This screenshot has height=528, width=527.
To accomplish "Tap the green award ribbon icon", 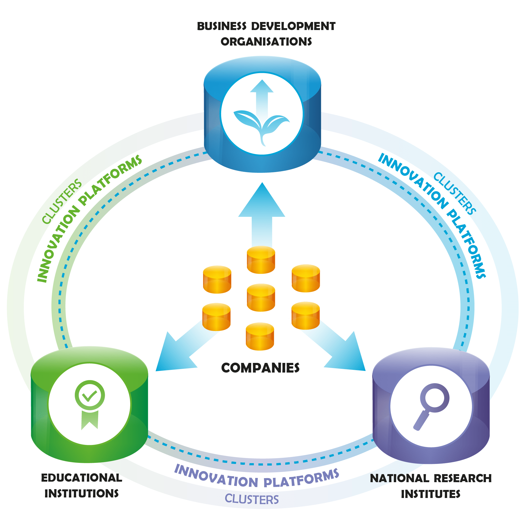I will pos(90,404).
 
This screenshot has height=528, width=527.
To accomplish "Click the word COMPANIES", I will pos(260,368).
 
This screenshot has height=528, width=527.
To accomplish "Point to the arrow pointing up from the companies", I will pos(262,210).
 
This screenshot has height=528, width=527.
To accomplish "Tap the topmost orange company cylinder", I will pos(261,260).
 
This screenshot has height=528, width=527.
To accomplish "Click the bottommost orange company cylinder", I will pos(260,336).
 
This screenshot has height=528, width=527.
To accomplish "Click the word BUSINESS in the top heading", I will pos(221,27).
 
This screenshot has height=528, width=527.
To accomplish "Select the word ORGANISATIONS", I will pos(266,42).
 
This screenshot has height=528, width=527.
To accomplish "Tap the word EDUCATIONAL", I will pos(81,478).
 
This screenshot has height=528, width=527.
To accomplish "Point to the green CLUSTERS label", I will pos(62,201).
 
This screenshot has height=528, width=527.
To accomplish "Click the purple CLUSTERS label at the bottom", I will pos(251,499).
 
